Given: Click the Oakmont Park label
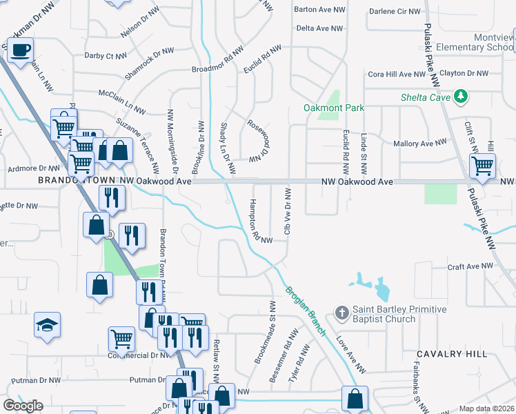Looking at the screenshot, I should coord(334,108).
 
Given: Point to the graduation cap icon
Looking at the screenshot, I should coord(48,324).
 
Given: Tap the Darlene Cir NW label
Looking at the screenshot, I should coord(395,11).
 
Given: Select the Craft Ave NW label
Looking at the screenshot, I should coord(470,266).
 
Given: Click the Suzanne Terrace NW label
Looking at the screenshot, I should coord(138,145).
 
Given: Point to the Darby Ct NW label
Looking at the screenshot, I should coord(106,55).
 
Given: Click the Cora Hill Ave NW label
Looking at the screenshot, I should coord(397,74).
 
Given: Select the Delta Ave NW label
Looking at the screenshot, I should coord(319,28).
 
